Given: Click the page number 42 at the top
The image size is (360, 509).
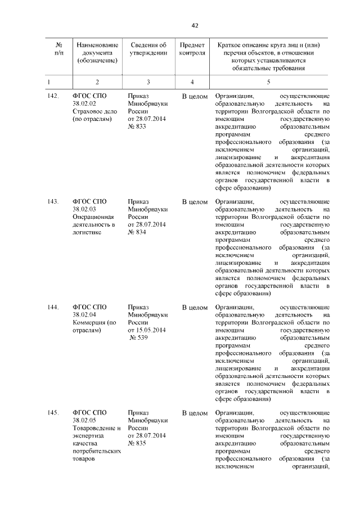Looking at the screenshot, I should pyautogui.click(x=195, y=25).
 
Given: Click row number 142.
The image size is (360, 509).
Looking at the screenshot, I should pyautogui.click(x=53, y=96).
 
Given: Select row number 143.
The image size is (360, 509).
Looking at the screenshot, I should pyautogui.click(x=53, y=201).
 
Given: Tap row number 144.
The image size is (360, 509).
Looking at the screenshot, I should pyautogui.click(x=53, y=307).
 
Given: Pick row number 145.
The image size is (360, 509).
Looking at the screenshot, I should pyautogui.click(x=53, y=413).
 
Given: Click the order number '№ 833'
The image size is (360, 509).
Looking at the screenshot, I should pyautogui.click(x=137, y=127).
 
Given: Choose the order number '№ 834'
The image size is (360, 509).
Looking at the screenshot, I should pyautogui.click(x=137, y=232).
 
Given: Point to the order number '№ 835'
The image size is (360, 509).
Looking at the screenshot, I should pyautogui.click(x=137, y=444).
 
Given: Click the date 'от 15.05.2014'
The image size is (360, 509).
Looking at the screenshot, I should pyautogui.click(x=147, y=330).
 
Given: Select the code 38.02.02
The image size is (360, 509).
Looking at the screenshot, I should pyautogui.click(x=84, y=104).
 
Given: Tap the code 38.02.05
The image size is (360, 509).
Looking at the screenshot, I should pyautogui.click(x=84, y=421).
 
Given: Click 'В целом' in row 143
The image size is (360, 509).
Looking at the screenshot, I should pyautogui.click(x=195, y=201).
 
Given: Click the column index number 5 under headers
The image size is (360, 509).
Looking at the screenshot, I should pyautogui.click(x=268, y=82).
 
